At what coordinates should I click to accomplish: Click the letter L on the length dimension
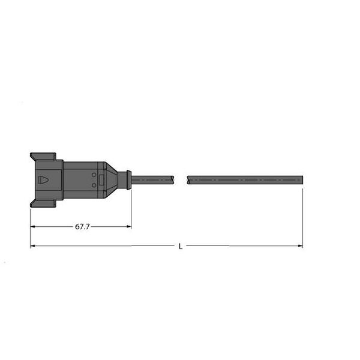[x=181, y=246]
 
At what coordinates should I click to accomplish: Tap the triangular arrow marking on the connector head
[x=44, y=179]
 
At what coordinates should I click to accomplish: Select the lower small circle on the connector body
[x=94, y=185]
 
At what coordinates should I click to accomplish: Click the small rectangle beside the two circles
[x=101, y=179]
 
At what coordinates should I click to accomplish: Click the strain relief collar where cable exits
[x=125, y=179]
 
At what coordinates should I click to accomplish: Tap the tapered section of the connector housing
[x=112, y=179]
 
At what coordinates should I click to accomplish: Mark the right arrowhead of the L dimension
[x=299, y=245]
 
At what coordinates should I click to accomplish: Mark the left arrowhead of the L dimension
[x=34, y=245]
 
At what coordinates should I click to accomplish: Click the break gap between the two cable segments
[x=181, y=179]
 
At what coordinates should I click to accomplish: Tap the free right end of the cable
[x=301, y=179]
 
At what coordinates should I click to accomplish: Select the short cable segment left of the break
[x=152, y=179]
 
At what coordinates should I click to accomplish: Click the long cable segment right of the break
[x=243, y=179]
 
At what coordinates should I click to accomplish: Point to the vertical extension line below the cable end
[x=302, y=216]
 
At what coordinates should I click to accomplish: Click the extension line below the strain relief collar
[x=131, y=207]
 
